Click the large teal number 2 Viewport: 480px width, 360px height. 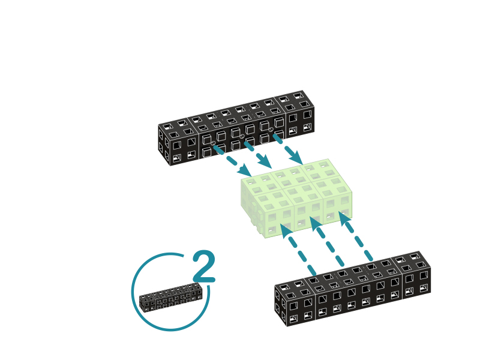[204, 266]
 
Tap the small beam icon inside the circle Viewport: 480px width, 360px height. [171, 298]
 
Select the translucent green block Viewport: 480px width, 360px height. [296, 198]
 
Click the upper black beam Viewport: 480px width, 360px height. [236, 128]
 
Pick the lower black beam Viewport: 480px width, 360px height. [353, 289]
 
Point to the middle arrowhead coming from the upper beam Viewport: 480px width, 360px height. [265, 161]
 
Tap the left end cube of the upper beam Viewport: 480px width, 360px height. [179, 143]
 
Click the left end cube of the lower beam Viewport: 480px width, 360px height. [295, 304]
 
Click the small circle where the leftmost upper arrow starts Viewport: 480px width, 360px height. [213, 143]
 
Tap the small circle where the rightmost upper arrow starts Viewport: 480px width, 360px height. [271, 130]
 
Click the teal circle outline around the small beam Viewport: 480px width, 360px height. [132, 291]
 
